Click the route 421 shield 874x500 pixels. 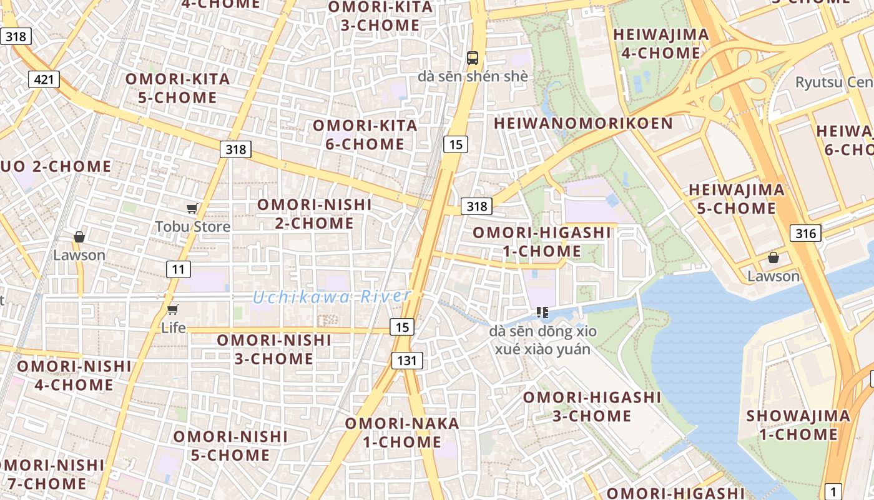44,79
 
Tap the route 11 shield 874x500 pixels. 179,269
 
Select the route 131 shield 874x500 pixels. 407,360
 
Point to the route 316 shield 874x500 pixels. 805,234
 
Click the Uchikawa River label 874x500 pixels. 331,297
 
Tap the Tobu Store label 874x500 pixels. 193,226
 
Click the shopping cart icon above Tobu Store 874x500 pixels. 192,208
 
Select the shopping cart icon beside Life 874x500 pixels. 173,309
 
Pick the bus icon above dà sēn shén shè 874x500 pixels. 473,58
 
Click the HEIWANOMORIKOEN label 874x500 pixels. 583,123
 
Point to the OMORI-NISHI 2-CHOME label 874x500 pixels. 315,214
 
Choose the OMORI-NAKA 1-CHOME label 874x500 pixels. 402,432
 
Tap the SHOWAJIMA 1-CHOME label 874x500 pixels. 798,425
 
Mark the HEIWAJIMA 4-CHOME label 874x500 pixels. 661,44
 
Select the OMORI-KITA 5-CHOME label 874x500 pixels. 178,88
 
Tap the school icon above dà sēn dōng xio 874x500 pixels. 542,312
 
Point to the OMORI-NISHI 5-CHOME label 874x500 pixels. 230,446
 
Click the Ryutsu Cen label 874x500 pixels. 834,82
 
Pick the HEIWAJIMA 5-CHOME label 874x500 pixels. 737,199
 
